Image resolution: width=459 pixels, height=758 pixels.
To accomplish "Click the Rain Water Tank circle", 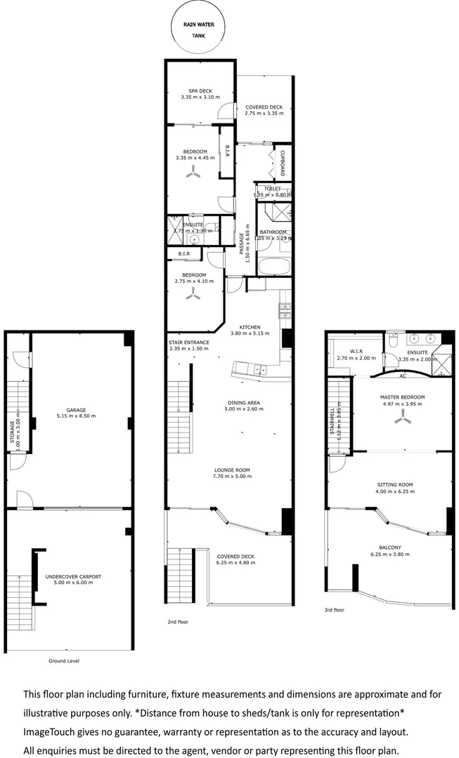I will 200,29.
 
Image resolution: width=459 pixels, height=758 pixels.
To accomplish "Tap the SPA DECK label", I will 200,91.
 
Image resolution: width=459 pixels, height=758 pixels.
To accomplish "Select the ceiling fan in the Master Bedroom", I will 403,419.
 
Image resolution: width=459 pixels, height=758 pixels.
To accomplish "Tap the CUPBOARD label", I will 283,163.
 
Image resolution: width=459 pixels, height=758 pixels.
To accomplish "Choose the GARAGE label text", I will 76,410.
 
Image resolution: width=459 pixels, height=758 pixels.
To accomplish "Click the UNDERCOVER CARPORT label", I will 73,577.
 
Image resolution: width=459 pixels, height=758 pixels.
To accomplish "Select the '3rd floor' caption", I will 335,610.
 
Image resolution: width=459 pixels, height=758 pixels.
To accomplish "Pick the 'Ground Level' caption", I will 64,661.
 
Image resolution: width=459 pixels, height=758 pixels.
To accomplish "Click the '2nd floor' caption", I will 178,622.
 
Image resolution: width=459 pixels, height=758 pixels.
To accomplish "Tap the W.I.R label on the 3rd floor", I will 356,352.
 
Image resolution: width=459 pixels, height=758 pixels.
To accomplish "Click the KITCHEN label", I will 250,327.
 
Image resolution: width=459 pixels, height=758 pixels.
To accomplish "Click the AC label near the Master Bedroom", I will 402,376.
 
